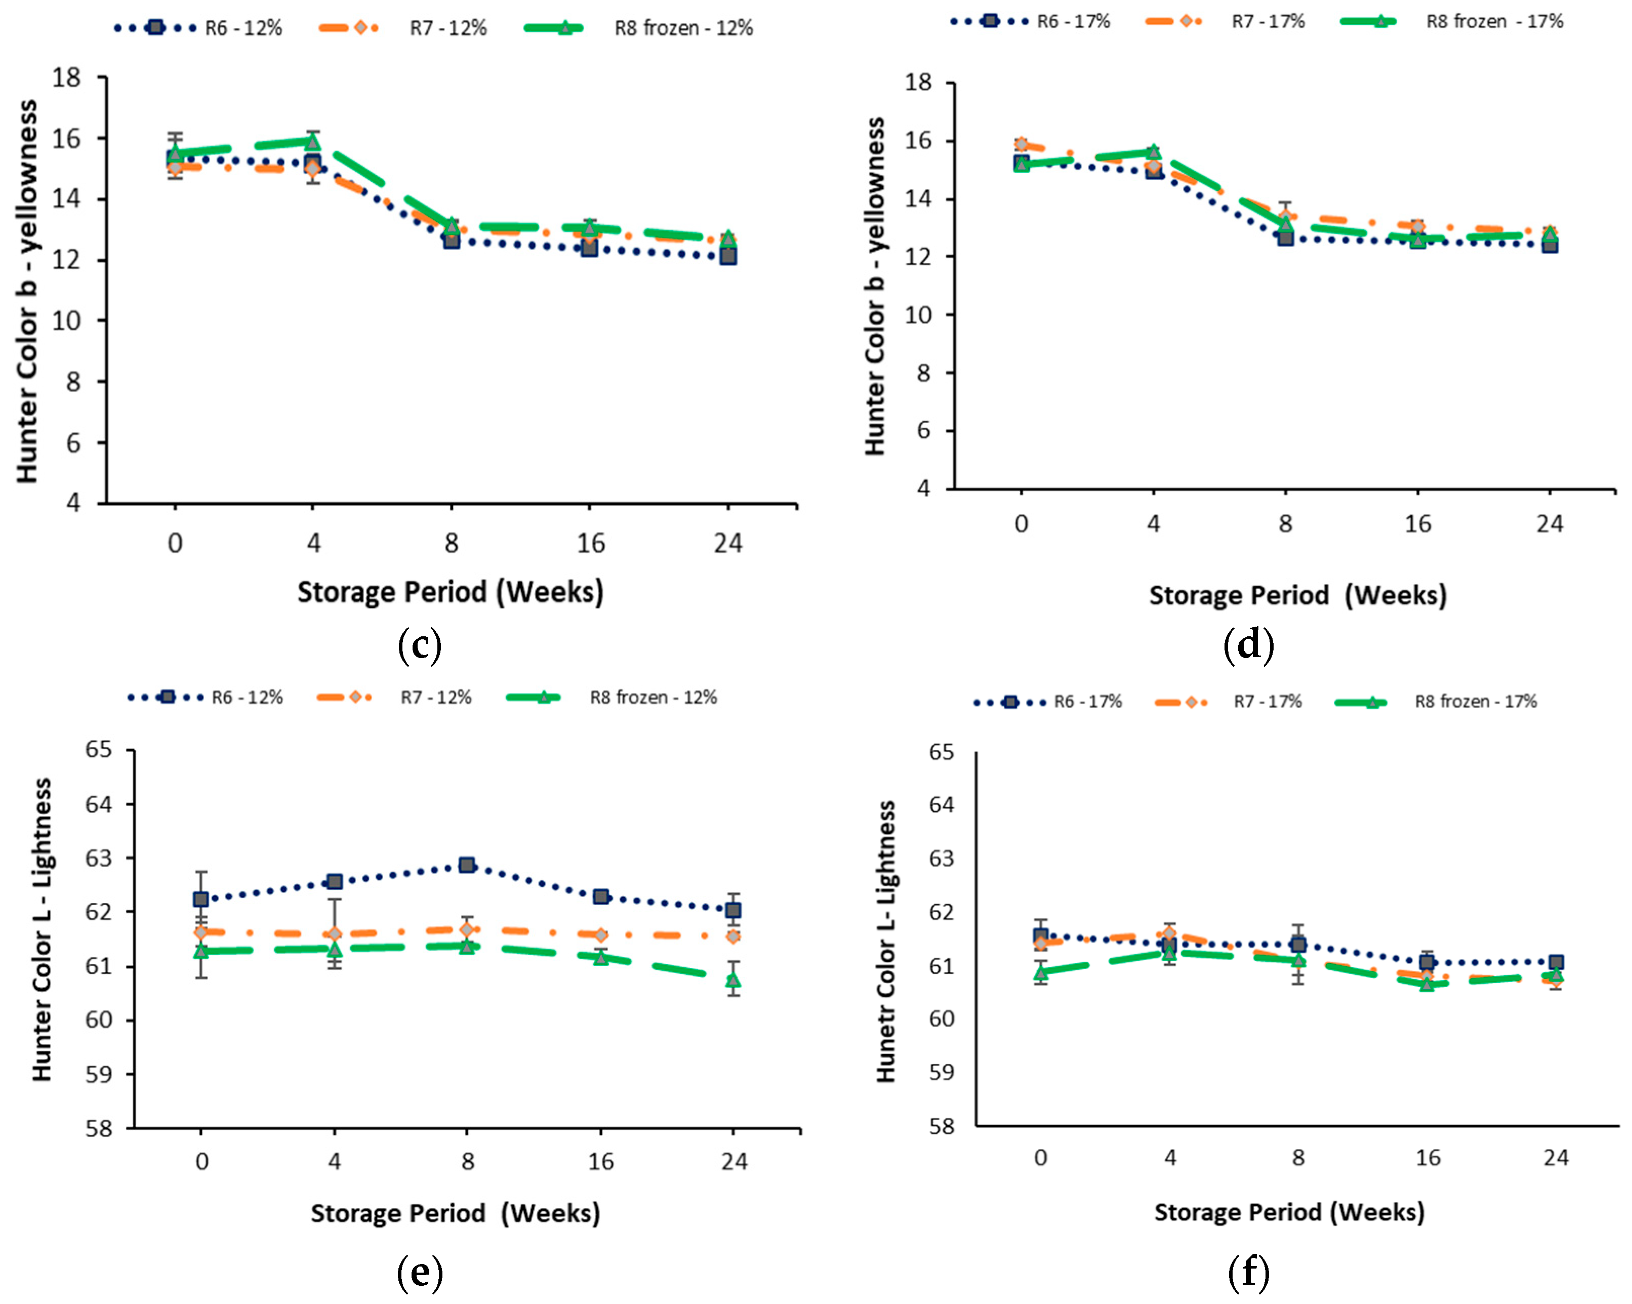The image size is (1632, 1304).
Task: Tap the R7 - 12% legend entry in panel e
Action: pyautogui.click(x=394, y=697)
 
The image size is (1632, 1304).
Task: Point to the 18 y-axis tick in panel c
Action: pyautogui.click(x=67, y=77)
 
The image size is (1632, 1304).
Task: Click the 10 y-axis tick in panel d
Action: pyautogui.click(x=918, y=315)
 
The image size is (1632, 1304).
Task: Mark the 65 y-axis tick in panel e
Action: pyautogui.click(x=98, y=750)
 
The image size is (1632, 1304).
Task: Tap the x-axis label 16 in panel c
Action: pyautogui.click(x=590, y=543)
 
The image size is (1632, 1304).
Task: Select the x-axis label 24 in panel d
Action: pyautogui.click(x=1549, y=524)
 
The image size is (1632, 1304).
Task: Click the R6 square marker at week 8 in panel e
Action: pyautogui.click(x=467, y=865)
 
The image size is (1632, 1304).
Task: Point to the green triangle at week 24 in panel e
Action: pyautogui.click(x=733, y=980)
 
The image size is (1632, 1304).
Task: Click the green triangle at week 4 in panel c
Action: pyautogui.click(x=313, y=142)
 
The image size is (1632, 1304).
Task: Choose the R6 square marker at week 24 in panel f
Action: pyautogui.click(x=1556, y=962)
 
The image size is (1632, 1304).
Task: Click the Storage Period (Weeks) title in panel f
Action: pyautogui.click(x=1289, y=1212)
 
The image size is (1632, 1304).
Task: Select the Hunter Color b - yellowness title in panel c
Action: pyautogui.click(x=27, y=292)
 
